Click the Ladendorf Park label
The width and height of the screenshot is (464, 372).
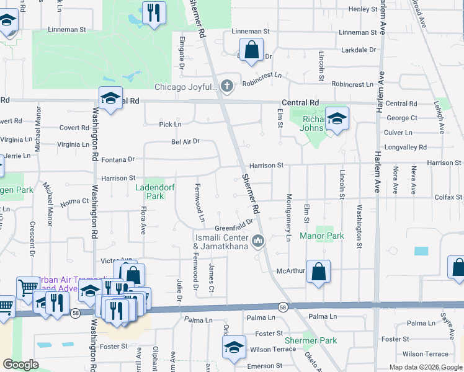click(x=149, y=191)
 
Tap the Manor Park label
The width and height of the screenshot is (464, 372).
click(x=321, y=236)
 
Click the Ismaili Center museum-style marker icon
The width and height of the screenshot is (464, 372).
click(x=259, y=240)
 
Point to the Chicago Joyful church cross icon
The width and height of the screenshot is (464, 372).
click(x=228, y=86)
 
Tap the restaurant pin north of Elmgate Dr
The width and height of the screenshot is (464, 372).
click(x=154, y=13)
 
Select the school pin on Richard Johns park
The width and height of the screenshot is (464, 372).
click(x=337, y=119)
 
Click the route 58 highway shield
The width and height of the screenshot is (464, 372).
click(x=283, y=307)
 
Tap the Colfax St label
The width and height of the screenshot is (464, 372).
click(x=448, y=198)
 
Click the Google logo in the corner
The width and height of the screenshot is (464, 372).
click(x=21, y=365)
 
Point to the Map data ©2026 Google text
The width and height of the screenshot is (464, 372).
click(x=425, y=367)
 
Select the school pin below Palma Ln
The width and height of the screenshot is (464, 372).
click(x=234, y=348)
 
